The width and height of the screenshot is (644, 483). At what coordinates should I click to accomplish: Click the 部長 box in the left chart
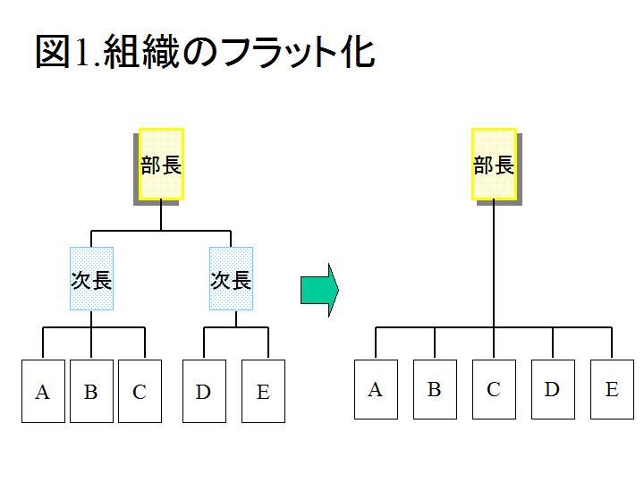[161, 165]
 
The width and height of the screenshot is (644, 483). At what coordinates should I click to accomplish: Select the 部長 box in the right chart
[494, 165]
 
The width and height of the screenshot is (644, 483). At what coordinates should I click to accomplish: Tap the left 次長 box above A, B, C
[91, 279]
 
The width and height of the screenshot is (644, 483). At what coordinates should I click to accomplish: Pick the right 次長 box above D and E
[231, 279]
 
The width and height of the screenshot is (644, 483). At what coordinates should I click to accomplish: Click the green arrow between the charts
[319, 290]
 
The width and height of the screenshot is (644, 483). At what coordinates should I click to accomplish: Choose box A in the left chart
[43, 391]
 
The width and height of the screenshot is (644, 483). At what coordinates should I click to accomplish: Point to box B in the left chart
[91, 391]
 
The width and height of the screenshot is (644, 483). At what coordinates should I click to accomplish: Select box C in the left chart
[140, 391]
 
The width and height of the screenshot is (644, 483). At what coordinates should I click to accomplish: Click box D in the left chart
[204, 391]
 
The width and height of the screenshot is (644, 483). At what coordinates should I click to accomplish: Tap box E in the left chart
[263, 391]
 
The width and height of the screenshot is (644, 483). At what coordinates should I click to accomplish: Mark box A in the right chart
[376, 389]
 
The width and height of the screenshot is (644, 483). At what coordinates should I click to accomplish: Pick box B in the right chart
[435, 389]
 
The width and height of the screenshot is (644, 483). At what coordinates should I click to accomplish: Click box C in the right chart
[494, 389]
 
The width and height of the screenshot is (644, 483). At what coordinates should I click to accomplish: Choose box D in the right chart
[553, 389]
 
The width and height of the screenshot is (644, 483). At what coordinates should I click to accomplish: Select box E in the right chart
[612, 389]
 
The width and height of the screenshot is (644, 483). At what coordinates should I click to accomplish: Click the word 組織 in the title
[137, 52]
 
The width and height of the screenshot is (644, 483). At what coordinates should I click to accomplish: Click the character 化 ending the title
[356, 52]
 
